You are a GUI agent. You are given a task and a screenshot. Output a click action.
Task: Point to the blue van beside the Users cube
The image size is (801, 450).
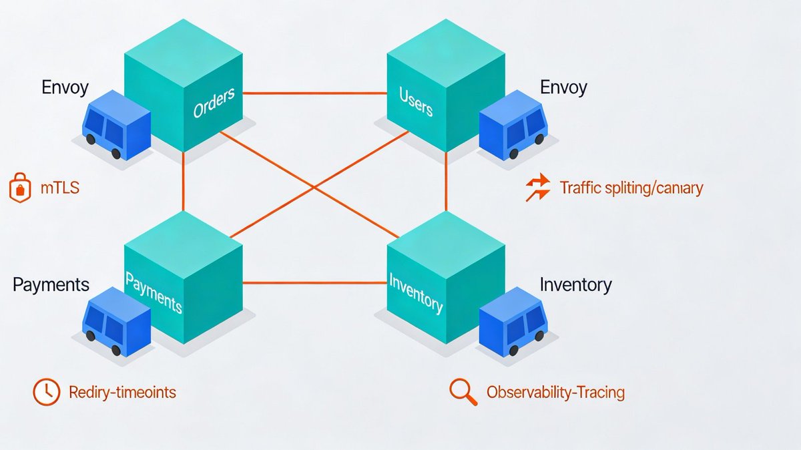[513, 127]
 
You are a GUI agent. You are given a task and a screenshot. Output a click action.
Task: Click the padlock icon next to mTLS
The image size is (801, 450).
[20, 188]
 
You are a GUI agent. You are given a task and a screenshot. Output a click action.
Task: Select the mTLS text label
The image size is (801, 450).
[59, 188]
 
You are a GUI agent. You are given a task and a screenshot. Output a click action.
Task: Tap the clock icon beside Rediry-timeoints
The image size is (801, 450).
[46, 392]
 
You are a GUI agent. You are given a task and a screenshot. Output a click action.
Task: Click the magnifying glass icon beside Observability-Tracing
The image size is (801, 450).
[463, 392]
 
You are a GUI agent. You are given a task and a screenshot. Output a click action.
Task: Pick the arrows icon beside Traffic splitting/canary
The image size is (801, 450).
[537, 188]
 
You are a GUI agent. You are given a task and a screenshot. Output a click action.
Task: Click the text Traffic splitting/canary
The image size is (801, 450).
[631, 188]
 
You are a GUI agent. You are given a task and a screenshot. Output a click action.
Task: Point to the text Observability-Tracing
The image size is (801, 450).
[555, 392]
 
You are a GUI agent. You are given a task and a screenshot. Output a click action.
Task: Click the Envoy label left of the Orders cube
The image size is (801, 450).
[65, 87]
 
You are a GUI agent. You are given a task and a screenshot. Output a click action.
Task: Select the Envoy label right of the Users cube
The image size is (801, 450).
[563, 87]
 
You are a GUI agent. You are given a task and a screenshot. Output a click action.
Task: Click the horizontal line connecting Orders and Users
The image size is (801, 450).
[314, 93]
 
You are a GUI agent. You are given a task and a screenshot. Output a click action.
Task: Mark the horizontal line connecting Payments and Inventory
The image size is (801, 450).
[314, 282]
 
